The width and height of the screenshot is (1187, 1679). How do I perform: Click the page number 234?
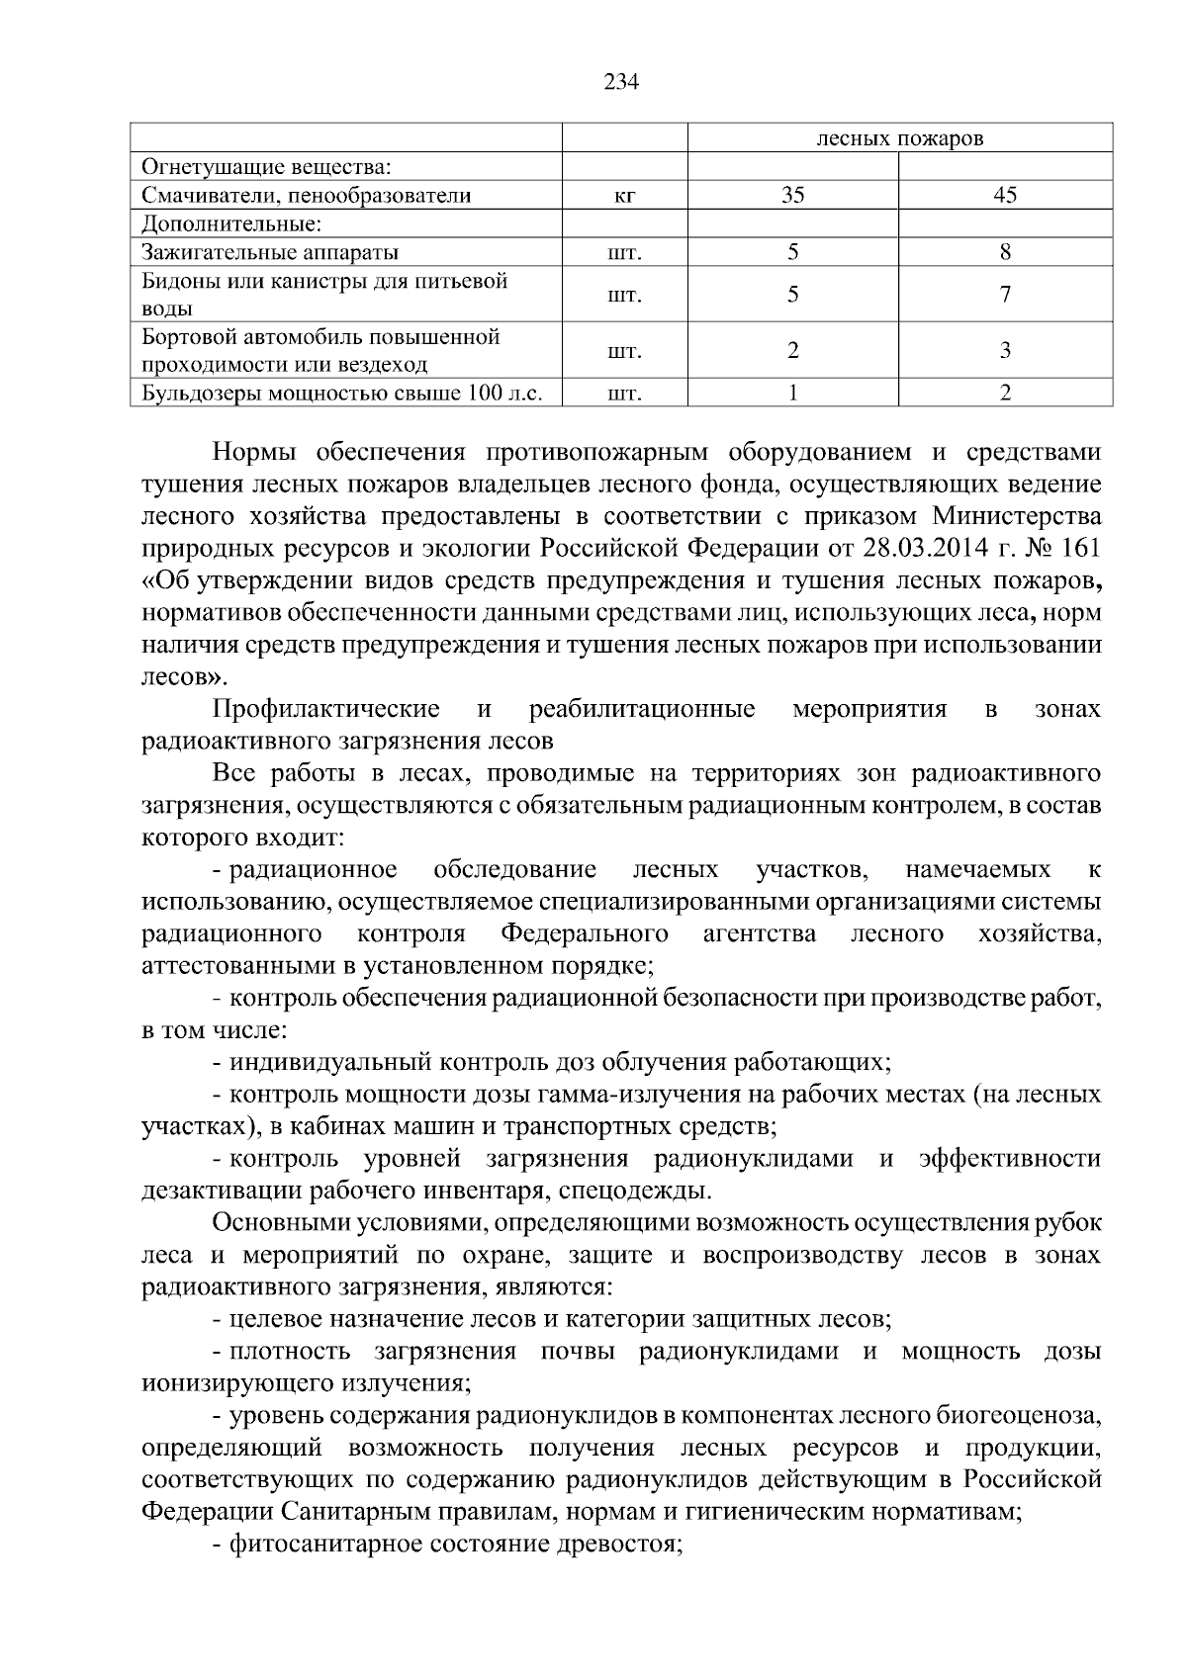(622, 82)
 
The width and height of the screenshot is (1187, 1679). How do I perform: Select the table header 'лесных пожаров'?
(899, 138)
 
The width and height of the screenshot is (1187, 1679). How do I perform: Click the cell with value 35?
(792, 195)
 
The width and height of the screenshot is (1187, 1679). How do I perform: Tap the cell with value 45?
(1005, 195)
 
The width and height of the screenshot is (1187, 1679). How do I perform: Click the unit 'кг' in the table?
(624, 196)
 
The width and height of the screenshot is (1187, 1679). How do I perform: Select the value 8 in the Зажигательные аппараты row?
(1005, 252)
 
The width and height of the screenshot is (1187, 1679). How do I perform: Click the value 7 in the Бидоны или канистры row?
(1005, 295)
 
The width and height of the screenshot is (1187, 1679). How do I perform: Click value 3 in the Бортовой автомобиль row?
(1005, 350)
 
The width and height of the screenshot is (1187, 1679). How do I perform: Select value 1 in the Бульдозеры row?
(792, 393)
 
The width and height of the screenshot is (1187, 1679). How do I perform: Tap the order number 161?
(1080, 548)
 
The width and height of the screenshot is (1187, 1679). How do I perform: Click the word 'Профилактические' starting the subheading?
(326, 709)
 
